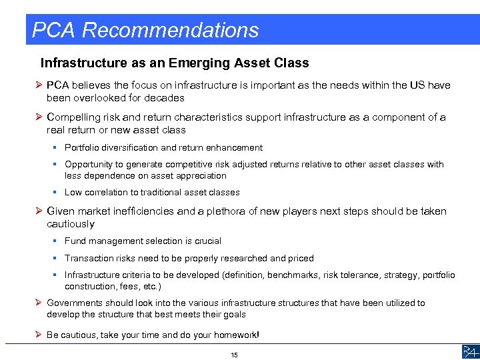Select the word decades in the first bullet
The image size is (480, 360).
pyautogui.click(x=165, y=98)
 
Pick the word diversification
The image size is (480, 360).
pyautogui.click(x=131, y=148)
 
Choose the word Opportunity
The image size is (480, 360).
pyautogui.click(x=87, y=164)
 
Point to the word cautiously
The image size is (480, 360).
pyautogui.click(x=71, y=224)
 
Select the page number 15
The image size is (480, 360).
pyautogui.click(x=234, y=355)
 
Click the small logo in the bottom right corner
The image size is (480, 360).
pyautogui.click(x=469, y=352)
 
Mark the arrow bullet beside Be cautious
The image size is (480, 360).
pyautogui.click(x=39, y=335)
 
